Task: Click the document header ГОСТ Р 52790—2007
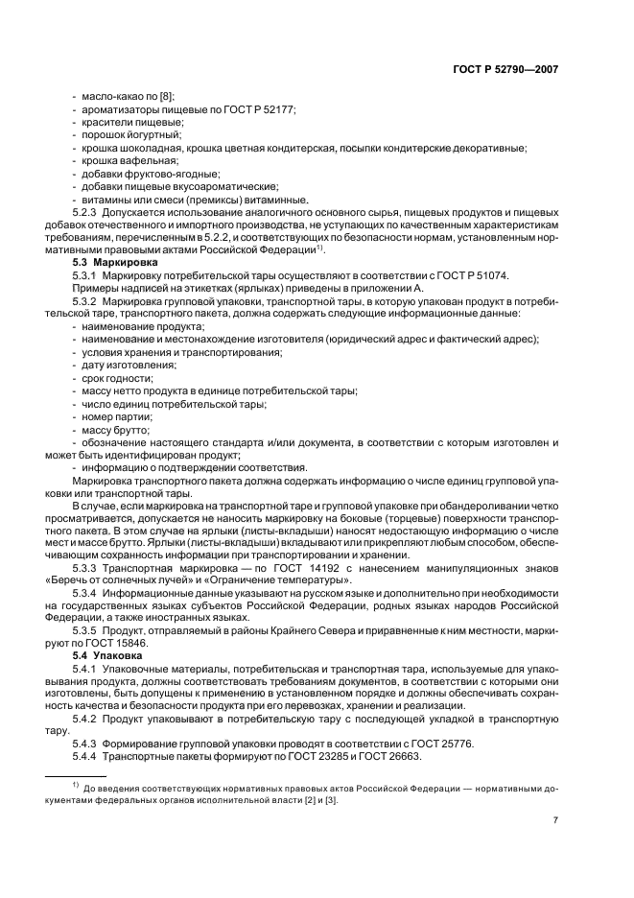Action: [506, 69]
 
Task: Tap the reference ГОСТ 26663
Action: [383, 758]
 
